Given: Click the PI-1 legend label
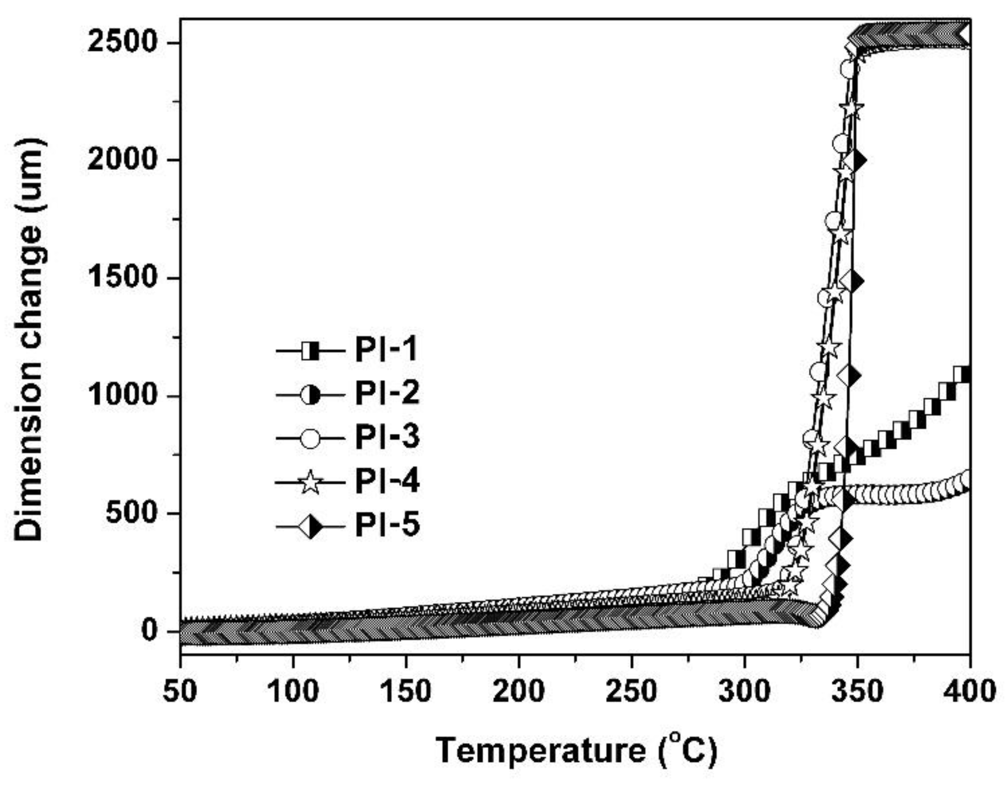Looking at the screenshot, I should coord(387,350).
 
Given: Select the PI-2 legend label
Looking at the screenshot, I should coord(387,393).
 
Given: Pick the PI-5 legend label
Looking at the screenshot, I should coord(387,525).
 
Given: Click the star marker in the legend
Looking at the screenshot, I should coord(310,482).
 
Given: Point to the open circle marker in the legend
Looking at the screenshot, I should coord(310,437).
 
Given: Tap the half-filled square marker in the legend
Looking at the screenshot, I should coord(310,350).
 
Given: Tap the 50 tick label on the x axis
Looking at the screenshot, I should coord(181,691).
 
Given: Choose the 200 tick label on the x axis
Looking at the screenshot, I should coord(519,691).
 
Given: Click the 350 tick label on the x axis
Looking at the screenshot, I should coord(857,691).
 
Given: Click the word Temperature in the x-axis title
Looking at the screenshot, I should coord(540,751).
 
